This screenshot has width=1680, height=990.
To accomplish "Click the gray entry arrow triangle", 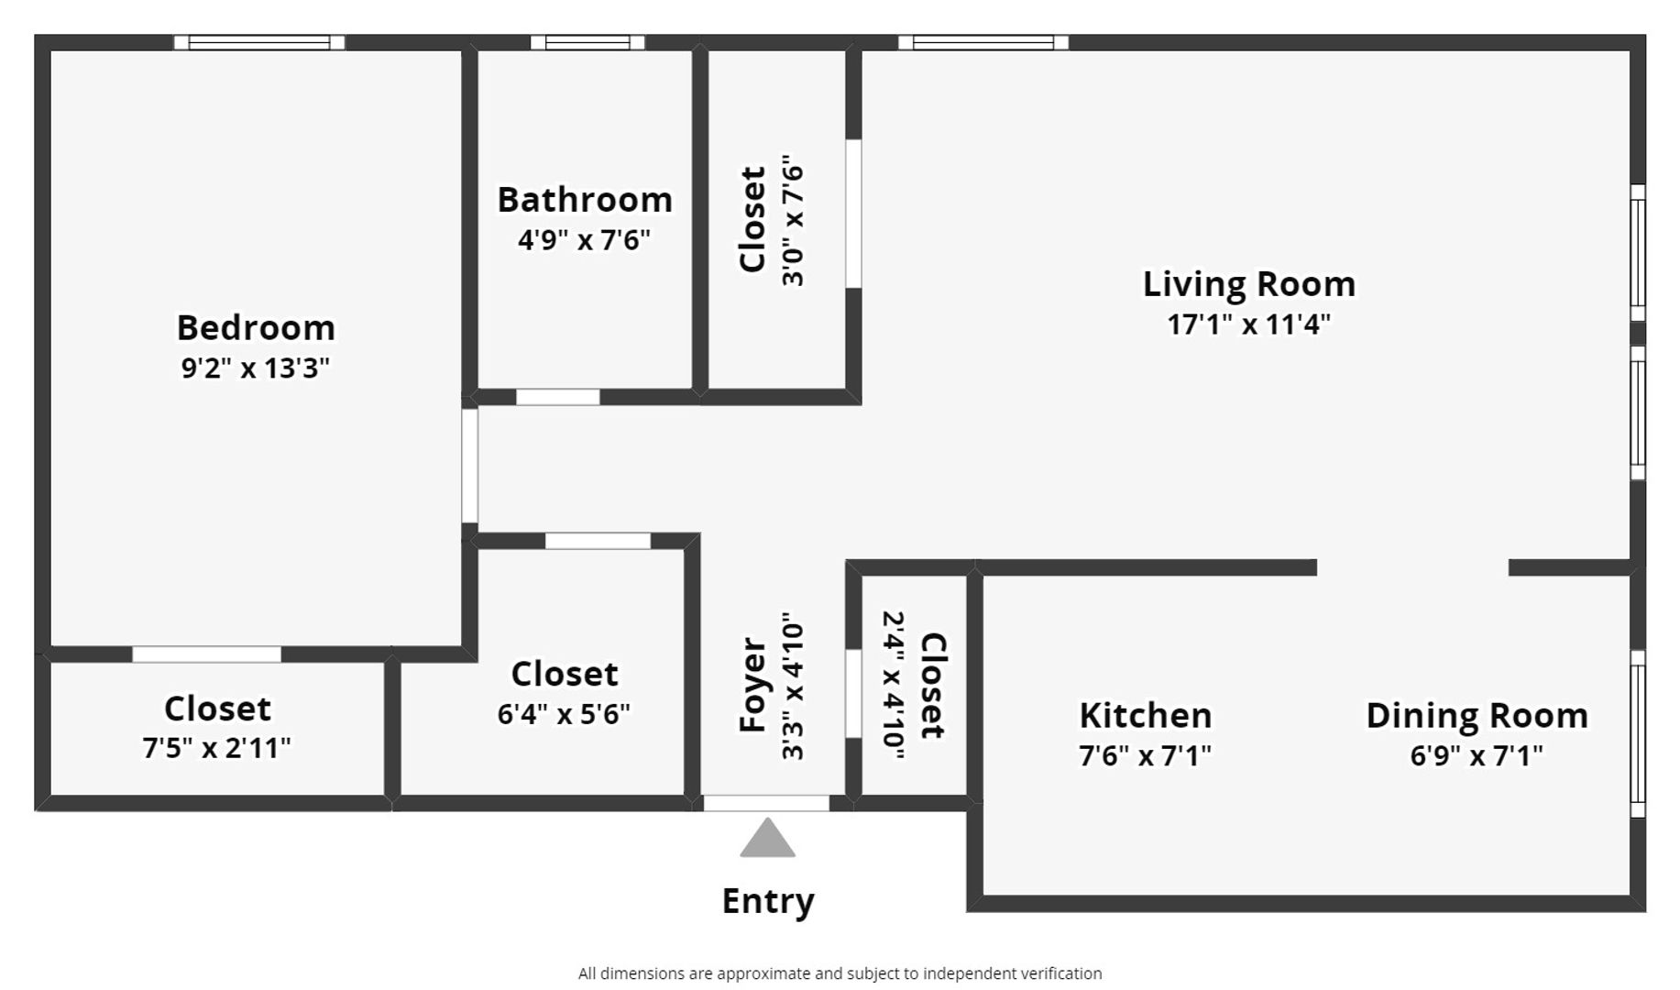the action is click(767, 839).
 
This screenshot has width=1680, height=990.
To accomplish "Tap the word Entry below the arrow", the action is click(768, 901).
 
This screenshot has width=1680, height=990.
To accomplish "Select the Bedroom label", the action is click(256, 327).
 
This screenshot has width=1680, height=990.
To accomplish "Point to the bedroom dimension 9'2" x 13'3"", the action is click(256, 368).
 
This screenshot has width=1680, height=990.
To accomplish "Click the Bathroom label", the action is click(585, 200).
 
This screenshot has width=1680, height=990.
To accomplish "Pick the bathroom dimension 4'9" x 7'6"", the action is click(585, 240).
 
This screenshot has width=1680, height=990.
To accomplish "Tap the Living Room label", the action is click(1249, 284).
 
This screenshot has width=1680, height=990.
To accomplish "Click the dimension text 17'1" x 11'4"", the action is click(1249, 324).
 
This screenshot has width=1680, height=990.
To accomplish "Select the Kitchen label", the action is click(1146, 715).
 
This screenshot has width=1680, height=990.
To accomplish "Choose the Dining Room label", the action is click(1477, 715).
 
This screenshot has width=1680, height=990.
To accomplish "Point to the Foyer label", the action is click(752, 685).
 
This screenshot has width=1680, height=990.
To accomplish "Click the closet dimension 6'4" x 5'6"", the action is click(565, 713).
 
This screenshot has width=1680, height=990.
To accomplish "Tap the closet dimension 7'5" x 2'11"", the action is click(217, 748).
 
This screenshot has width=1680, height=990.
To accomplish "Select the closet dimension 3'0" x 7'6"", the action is click(793, 220).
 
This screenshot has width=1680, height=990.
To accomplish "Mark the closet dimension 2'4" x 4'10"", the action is click(894, 685).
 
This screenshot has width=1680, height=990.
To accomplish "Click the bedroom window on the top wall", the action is click(259, 42).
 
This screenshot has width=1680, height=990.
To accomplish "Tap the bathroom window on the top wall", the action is click(587, 42).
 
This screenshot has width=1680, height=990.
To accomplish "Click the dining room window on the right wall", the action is click(1638, 733).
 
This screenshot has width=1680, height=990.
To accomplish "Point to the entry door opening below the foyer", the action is click(766, 804).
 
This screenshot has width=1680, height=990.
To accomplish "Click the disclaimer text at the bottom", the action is click(840, 973).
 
